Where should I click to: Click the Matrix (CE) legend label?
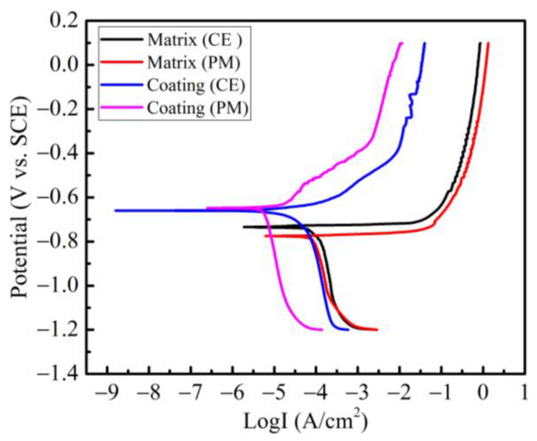pos(195,40)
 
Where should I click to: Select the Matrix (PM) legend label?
pos(194,63)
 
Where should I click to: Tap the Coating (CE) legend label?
pos(196,86)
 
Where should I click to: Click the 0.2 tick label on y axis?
pos(64,21)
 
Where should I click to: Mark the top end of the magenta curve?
pos(401,43)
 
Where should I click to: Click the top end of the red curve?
pos(488,43)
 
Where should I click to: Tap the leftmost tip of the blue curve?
pos(115,210)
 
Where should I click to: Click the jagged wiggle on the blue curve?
pos(411,106)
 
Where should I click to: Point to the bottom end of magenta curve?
pos(322,330)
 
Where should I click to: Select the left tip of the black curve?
pos(244,227)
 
